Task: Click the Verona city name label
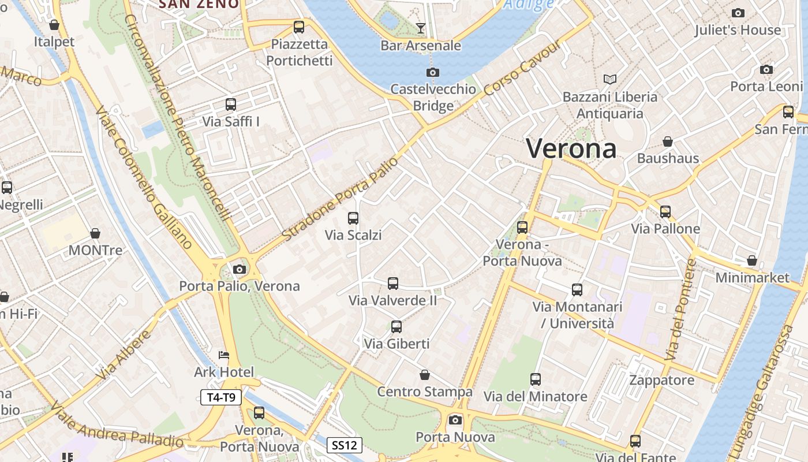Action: [x=571, y=148]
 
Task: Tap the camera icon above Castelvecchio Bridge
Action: [x=432, y=72]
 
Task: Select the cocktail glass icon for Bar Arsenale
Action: [x=421, y=28]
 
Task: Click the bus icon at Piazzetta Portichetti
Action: [x=298, y=27]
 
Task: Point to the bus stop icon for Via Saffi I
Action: [x=231, y=105]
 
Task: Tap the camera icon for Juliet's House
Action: [x=738, y=13]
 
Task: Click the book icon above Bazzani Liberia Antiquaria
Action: [x=609, y=79]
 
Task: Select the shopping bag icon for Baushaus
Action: [x=668, y=141]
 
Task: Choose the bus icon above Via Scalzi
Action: [x=353, y=218]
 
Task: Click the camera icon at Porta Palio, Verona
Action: [x=239, y=269]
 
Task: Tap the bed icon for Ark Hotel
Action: [x=224, y=355]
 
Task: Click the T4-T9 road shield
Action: [x=221, y=397]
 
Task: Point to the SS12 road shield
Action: [x=345, y=445]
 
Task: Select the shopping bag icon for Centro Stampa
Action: [x=425, y=375]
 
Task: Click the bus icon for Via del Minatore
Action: [x=536, y=379]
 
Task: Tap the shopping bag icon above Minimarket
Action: [x=751, y=260]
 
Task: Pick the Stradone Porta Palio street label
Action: [x=341, y=199]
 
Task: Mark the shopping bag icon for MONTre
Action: [x=95, y=233]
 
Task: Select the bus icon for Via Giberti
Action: [x=396, y=327]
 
